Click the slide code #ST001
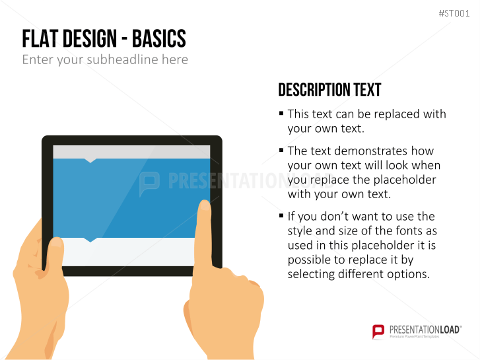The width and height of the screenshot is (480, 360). pyautogui.click(x=454, y=13)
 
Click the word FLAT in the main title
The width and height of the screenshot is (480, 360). pyautogui.click(x=40, y=38)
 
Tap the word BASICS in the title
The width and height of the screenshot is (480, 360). pyautogui.click(x=159, y=38)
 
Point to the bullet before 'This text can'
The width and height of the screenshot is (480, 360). pyautogui.click(x=281, y=114)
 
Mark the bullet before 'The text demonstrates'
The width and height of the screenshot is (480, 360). pyautogui.click(x=281, y=150)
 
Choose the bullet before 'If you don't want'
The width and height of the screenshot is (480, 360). pyautogui.click(x=281, y=216)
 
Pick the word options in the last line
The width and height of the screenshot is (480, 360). pyautogui.click(x=409, y=274)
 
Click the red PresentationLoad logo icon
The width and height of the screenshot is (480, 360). pyautogui.click(x=378, y=332)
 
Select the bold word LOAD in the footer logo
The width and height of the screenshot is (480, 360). pyautogui.click(x=450, y=330)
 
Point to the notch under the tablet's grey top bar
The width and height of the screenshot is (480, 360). pyautogui.click(x=90, y=161)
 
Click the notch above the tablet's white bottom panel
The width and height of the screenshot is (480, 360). pyautogui.click(x=90, y=240)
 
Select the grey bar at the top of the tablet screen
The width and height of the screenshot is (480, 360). pyautogui.click(x=131, y=152)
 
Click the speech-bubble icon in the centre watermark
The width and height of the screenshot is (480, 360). pyautogui.click(x=149, y=183)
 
